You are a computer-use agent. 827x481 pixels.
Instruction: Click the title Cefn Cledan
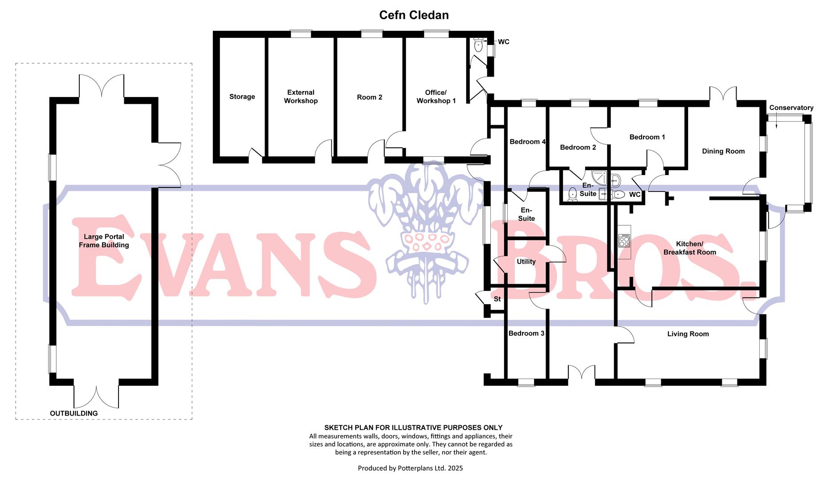point(414,15)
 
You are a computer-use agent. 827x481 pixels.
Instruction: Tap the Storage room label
point(242,97)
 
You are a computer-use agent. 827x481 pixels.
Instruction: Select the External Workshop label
point(301,97)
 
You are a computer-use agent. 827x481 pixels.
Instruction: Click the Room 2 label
point(370,97)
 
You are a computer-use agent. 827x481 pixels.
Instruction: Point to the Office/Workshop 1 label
point(436,97)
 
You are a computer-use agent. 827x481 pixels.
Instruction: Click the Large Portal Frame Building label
point(104,241)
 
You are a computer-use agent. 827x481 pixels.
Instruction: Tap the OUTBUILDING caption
point(73,413)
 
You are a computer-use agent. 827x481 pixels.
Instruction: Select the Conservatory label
point(791,108)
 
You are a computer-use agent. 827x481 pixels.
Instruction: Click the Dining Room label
point(723,151)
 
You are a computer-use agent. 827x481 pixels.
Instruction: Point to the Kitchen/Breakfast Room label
point(689,248)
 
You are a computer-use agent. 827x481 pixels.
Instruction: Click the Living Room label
point(688,334)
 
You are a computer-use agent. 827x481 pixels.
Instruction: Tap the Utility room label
point(526,262)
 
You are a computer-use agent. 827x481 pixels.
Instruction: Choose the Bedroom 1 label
point(647,137)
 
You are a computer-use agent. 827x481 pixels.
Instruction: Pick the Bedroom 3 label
point(526,334)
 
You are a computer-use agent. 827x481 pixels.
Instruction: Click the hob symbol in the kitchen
point(624,241)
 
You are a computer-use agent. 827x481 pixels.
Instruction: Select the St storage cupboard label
point(497,299)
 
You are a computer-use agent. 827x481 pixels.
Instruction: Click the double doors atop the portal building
point(102,86)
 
